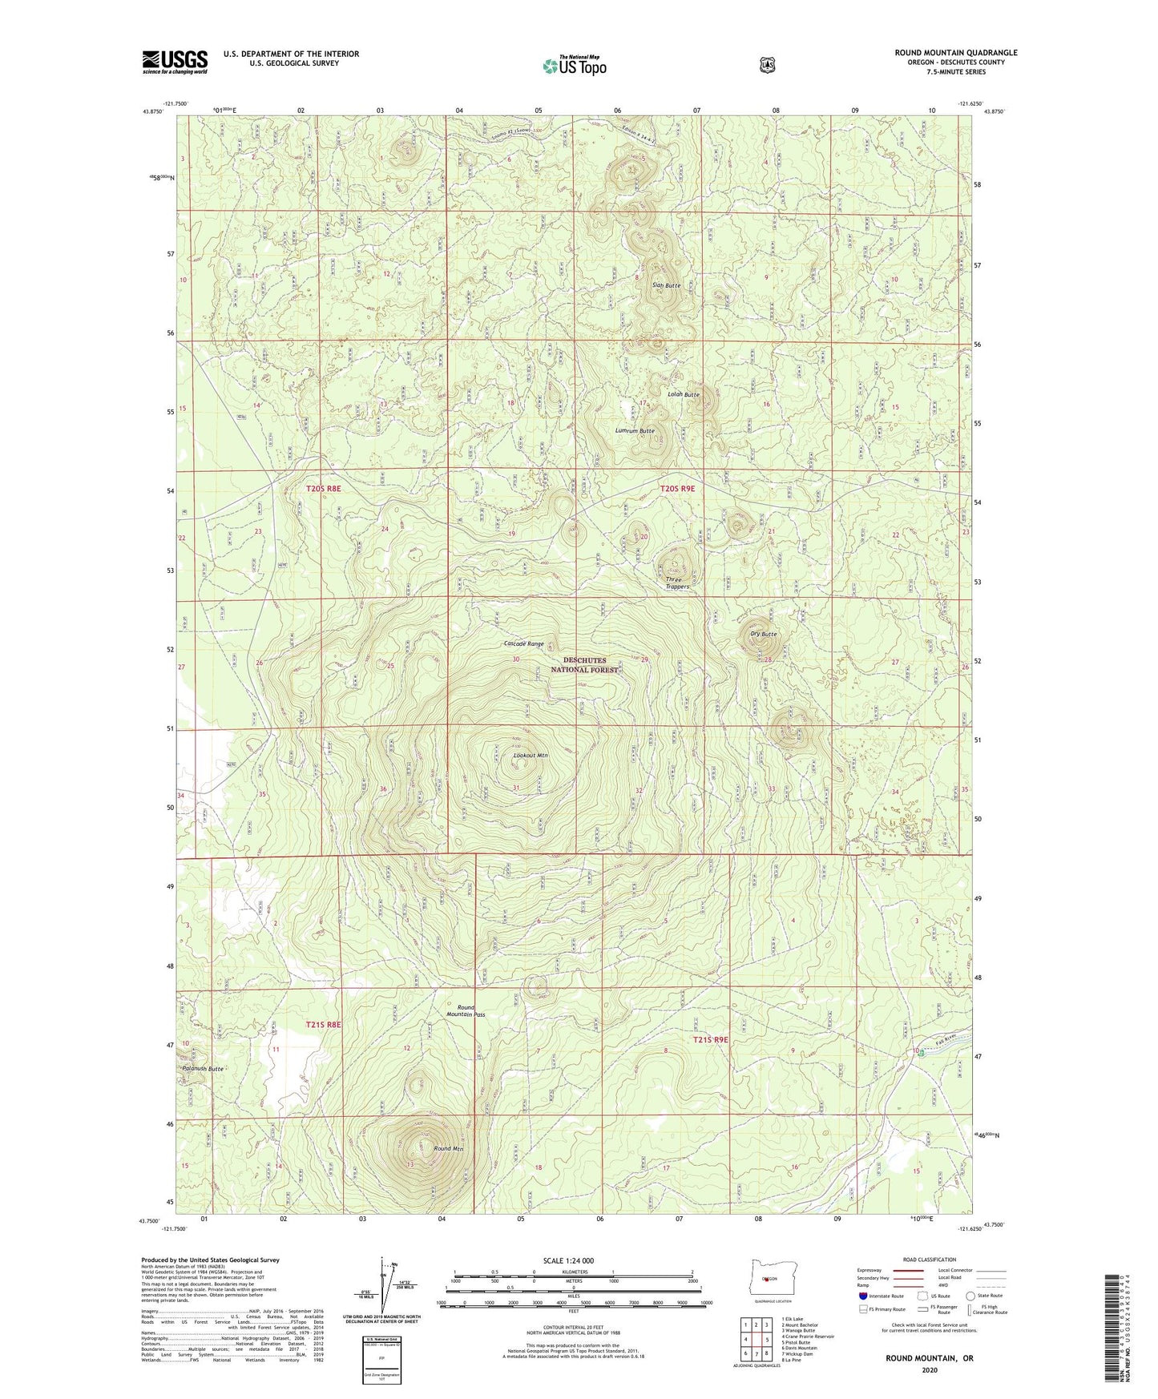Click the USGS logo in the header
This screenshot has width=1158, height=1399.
click(175, 62)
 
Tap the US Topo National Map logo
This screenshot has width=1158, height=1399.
click(574, 66)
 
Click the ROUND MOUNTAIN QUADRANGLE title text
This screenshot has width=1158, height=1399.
click(956, 53)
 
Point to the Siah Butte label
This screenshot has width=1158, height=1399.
click(666, 285)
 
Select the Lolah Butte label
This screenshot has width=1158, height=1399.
click(684, 394)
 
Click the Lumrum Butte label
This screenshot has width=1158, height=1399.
click(635, 431)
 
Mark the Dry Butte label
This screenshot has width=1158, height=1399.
click(763, 634)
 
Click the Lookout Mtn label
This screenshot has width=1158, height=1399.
click(531, 755)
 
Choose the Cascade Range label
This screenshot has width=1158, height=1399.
click(523, 643)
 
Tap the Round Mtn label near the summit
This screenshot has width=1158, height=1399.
click(448, 1149)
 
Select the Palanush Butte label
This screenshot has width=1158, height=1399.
click(202, 1069)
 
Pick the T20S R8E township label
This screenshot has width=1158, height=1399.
click(324, 488)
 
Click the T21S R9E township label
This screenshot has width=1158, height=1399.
click(710, 1039)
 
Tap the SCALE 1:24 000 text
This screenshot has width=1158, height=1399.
click(568, 1260)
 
